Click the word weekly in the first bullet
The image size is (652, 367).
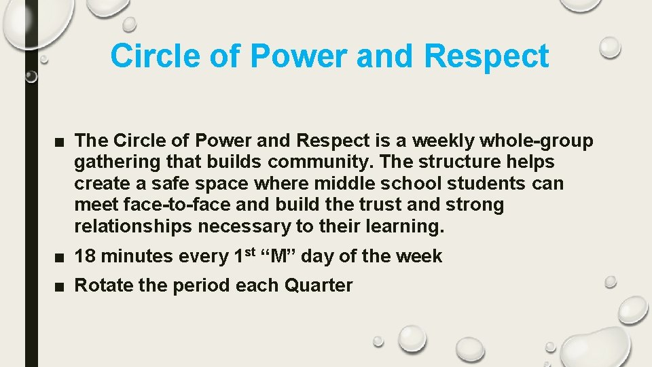(x=443, y=141)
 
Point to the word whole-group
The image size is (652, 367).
(x=536, y=141)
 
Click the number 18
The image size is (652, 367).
(x=84, y=257)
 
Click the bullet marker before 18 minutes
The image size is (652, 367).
(x=60, y=258)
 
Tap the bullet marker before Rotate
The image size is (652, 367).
(x=60, y=286)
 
